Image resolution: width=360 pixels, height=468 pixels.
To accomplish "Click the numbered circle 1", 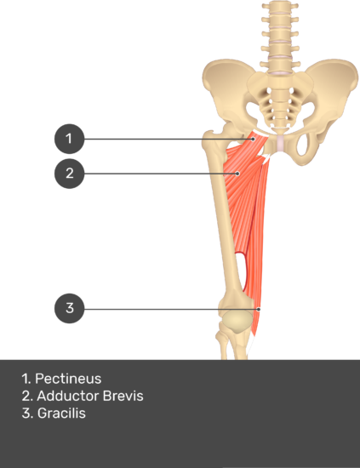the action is pos(69,139).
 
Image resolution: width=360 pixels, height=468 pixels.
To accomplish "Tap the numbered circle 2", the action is pos(69,174).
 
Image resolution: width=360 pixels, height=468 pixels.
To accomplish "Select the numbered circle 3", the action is pos(69,308).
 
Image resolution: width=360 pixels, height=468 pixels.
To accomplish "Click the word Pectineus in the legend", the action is pos(68,379).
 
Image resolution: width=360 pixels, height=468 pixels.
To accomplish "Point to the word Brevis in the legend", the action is pos(123,396).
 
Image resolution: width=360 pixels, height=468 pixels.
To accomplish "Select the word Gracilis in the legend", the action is pos(61,414).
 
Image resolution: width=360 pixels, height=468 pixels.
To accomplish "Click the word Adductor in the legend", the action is pos(68,396).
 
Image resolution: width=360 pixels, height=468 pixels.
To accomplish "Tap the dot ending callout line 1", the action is pos(253,139).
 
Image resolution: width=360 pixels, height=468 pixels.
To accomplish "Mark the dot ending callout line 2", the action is pos(237,174).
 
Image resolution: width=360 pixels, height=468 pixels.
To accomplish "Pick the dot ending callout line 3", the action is pos(259,309).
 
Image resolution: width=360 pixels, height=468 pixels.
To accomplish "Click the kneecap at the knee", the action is pos(236,321).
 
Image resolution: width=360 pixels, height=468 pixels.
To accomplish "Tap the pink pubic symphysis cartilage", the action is pos(280,143).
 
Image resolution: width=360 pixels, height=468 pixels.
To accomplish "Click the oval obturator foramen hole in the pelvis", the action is pos(302,145).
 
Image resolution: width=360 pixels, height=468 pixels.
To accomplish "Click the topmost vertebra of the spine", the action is pos(280,6).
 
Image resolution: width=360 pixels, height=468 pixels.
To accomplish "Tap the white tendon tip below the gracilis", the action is pos(250,346).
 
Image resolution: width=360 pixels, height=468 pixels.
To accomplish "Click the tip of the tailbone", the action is pos(280,130).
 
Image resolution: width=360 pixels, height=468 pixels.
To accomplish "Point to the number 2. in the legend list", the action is pos(27,396).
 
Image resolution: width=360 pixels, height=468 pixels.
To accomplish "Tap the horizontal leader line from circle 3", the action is pos(171,309).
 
